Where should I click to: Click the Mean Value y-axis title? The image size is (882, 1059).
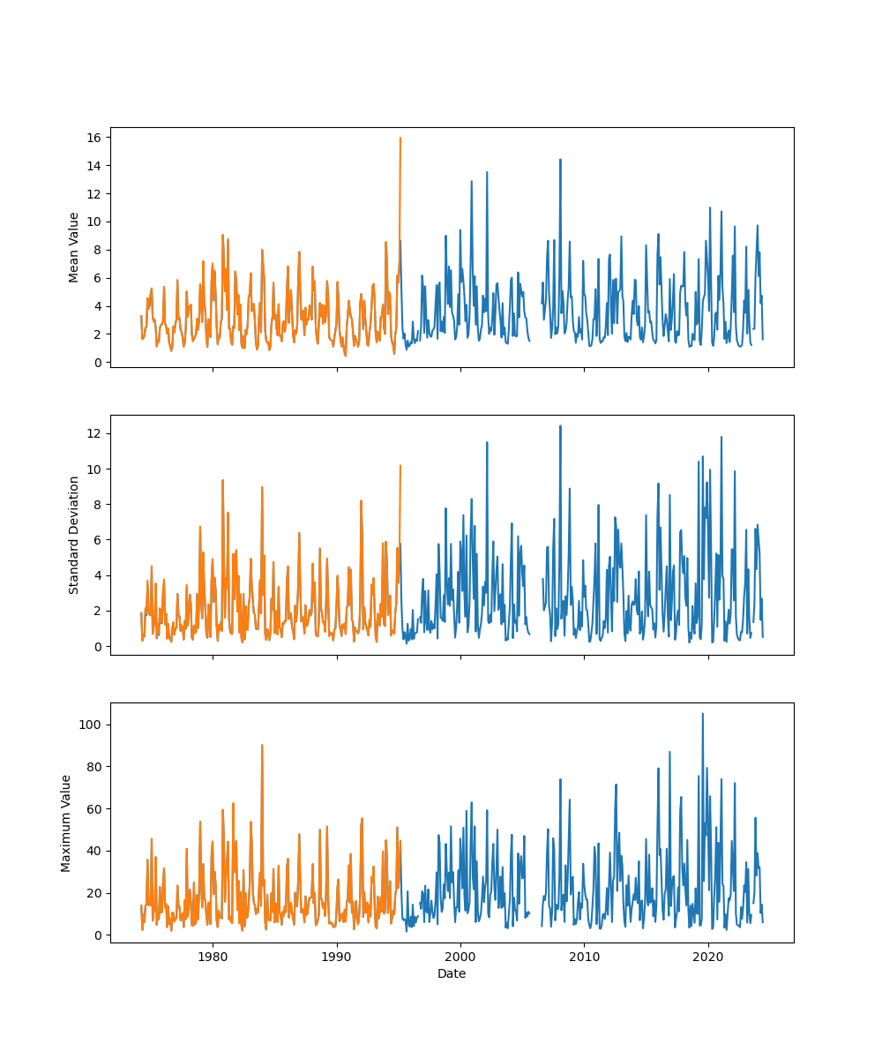tap(74, 247)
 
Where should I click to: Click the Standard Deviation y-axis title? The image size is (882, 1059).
tap(74, 535)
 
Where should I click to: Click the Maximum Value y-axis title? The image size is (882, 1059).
tap(66, 822)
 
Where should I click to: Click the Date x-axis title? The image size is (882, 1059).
tap(452, 973)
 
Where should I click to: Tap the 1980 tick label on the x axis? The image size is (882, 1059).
tap(213, 957)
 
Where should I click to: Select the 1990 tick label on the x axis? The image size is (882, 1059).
tap(337, 957)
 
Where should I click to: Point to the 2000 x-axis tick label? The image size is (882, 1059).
tap(460, 957)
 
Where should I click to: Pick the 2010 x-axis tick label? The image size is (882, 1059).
tap(585, 957)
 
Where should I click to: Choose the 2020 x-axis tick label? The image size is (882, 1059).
tap(708, 957)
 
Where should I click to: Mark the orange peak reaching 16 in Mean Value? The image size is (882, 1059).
tap(400, 139)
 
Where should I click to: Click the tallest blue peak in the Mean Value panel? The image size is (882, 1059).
tap(560, 160)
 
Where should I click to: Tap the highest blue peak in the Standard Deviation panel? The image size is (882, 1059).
tap(560, 426)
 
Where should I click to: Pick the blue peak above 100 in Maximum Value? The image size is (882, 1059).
tap(702, 714)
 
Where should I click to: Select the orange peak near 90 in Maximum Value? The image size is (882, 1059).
tap(262, 745)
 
